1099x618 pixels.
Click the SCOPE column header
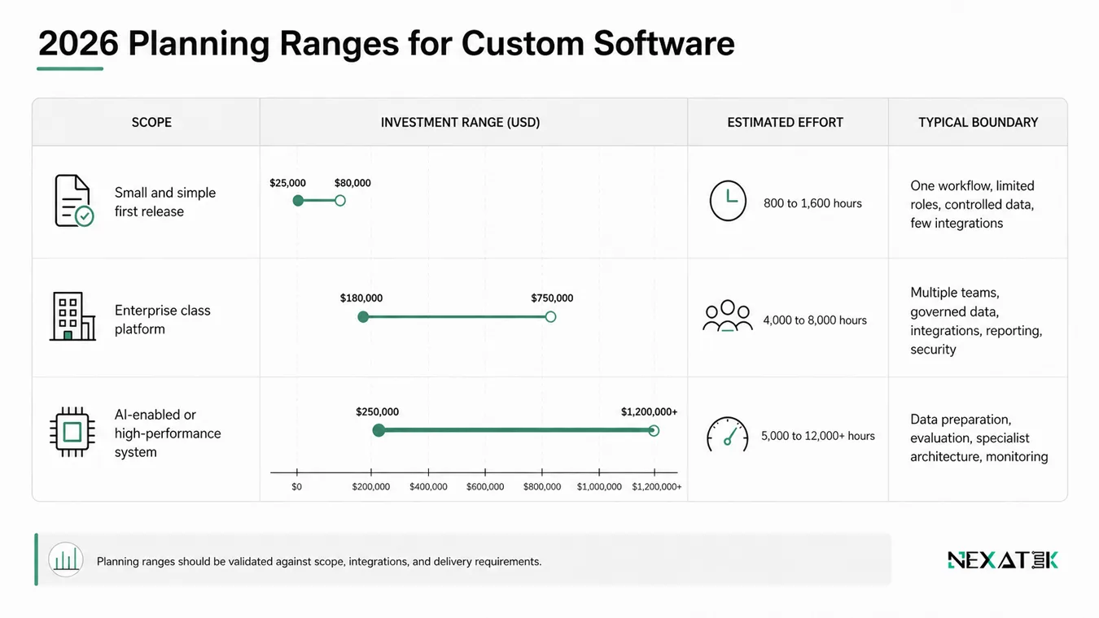pyautogui.click(x=151, y=122)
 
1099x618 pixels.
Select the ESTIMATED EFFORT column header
pyautogui.click(x=785, y=122)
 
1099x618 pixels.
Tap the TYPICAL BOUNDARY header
pyautogui.click(x=979, y=122)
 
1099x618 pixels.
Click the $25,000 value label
pyautogui.click(x=287, y=183)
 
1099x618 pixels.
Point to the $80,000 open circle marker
pyautogui.click(x=340, y=201)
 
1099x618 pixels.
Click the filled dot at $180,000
pyautogui.click(x=363, y=317)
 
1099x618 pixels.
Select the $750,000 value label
pyautogui.click(x=552, y=298)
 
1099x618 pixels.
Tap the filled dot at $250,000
pyautogui.click(x=379, y=430)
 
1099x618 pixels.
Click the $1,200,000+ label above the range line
pyautogui.click(x=649, y=411)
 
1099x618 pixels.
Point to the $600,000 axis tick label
pyautogui.click(x=485, y=486)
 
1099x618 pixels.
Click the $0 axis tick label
pyautogui.click(x=297, y=486)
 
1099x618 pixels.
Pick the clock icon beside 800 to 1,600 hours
pyautogui.click(x=728, y=201)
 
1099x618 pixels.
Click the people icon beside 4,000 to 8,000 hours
pyautogui.click(x=728, y=316)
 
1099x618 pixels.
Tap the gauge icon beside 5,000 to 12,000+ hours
pyautogui.click(x=728, y=434)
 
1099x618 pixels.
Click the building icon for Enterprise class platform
pyautogui.click(x=72, y=316)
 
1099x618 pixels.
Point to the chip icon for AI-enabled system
pyautogui.click(x=72, y=432)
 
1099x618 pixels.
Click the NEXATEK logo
pyautogui.click(x=1003, y=560)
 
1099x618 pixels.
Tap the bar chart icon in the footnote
pyautogui.click(x=66, y=559)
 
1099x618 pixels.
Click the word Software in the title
pyautogui.click(x=664, y=44)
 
